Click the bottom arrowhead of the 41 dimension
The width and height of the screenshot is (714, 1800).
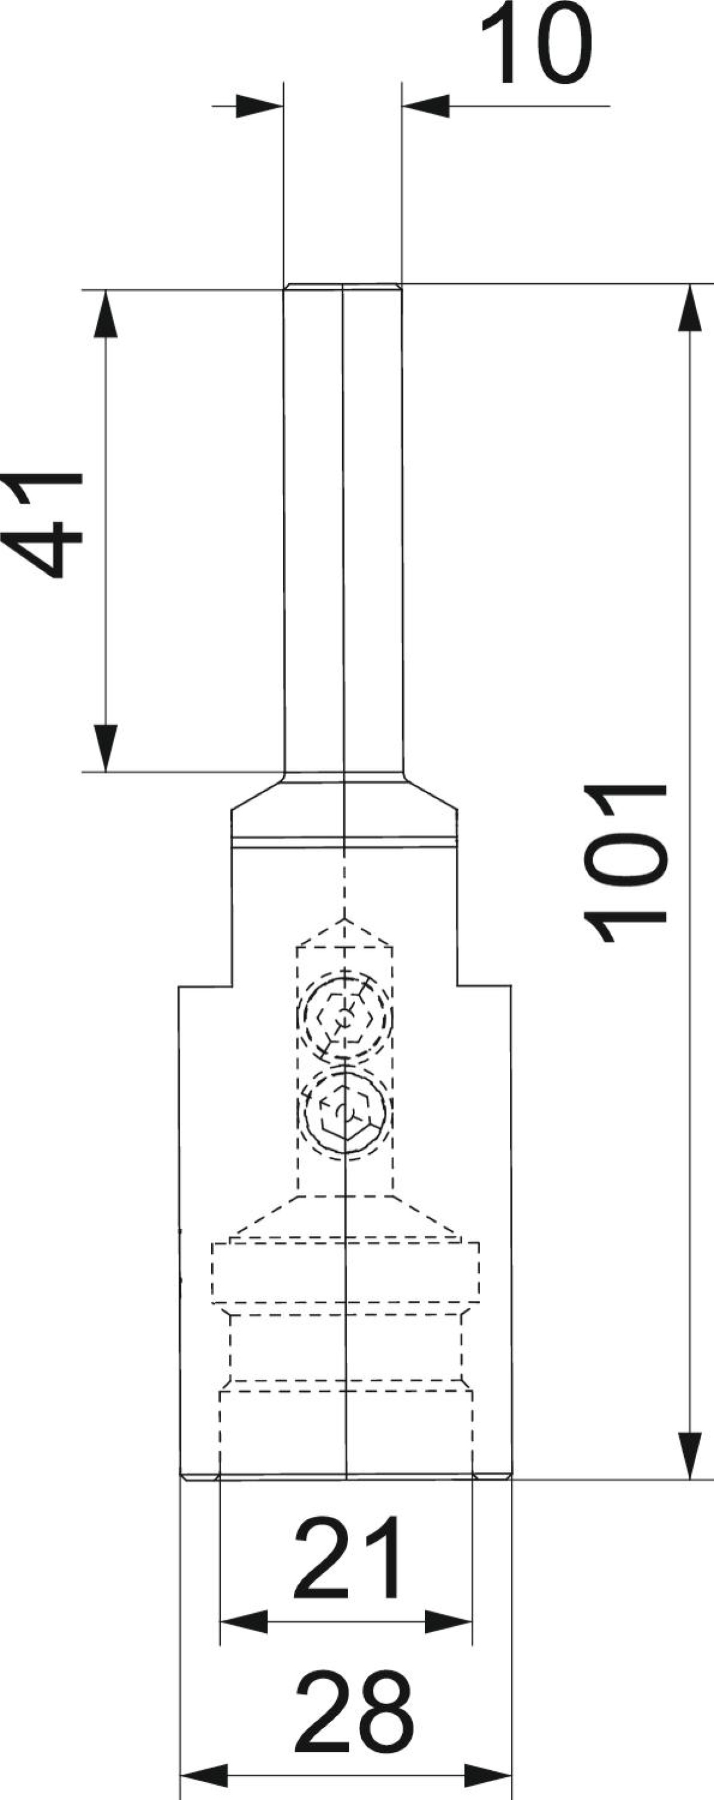tap(105, 748)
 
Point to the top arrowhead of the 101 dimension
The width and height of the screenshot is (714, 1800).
tap(690, 308)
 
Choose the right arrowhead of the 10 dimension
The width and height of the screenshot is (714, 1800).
tap(426, 106)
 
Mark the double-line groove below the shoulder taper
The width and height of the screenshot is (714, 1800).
tap(345, 842)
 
